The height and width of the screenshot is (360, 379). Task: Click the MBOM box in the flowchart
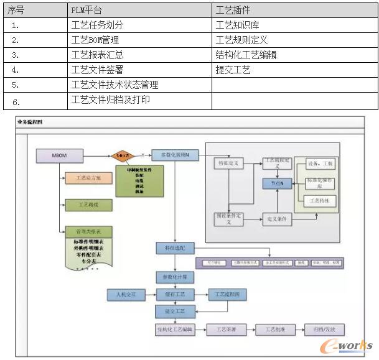[x=55, y=154]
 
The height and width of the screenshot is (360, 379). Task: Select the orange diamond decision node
[x=123, y=154]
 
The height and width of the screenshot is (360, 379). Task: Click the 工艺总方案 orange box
[x=87, y=178]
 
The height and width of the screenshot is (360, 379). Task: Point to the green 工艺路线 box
[x=87, y=205]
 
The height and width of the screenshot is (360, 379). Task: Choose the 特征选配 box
[x=175, y=248]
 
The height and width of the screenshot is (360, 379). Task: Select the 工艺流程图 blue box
[x=227, y=293]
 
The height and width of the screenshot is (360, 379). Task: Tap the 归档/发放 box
[x=324, y=330]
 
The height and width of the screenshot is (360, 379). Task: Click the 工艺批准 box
[x=276, y=330]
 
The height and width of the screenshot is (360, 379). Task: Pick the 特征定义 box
[x=228, y=163]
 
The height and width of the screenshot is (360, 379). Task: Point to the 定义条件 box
[x=276, y=219]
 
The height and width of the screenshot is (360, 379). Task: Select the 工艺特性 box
[x=322, y=201]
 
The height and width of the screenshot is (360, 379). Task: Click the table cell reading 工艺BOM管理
[x=95, y=40]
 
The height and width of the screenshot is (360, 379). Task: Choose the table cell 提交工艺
[x=233, y=70]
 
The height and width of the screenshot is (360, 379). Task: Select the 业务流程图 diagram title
[x=32, y=122]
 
